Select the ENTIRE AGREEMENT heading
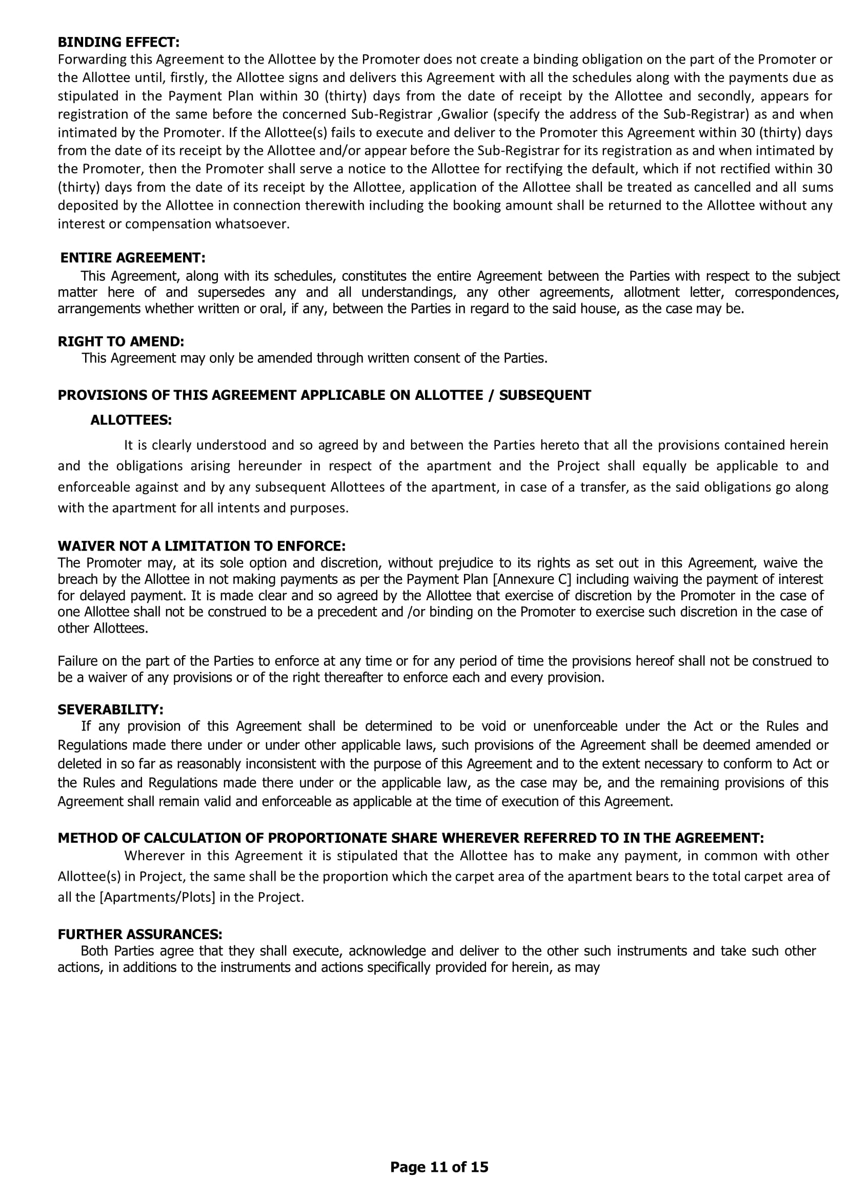pos(133,258)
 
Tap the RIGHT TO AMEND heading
pos(120,341)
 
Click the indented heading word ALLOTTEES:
pos(131,420)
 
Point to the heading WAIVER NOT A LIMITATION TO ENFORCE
pos(201,546)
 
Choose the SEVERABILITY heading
pos(110,709)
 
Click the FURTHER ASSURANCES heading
pos(140,934)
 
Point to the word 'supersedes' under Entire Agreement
pos(231,292)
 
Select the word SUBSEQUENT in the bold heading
pos(544,395)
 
